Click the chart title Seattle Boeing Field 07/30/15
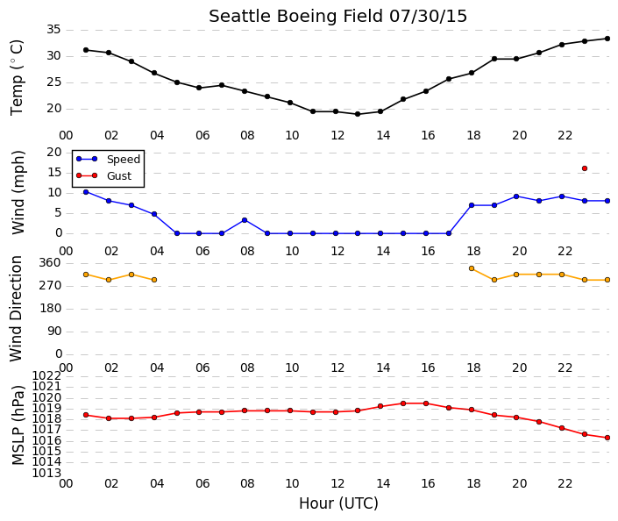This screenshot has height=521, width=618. [x=337, y=17]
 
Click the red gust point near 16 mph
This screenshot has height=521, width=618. [x=585, y=168]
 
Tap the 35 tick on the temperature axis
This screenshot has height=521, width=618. [x=53, y=30]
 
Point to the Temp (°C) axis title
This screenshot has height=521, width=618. [x=17, y=78]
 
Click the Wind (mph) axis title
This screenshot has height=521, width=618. [x=18, y=192]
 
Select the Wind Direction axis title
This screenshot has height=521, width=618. [x=16, y=309]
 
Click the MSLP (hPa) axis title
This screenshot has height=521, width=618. [x=18, y=425]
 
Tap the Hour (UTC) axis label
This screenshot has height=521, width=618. [x=338, y=503]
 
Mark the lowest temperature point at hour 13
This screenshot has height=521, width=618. [x=358, y=114]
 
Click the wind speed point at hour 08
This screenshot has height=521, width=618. [x=245, y=220]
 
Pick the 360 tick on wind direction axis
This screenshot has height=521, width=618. [x=50, y=263]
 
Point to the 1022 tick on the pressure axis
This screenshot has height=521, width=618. [x=47, y=375]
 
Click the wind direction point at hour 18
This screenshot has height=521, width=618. [x=472, y=268]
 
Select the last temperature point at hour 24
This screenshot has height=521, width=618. [x=607, y=39]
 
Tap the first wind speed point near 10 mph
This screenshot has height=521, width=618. [x=86, y=192]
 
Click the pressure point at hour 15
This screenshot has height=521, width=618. [x=403, y=403]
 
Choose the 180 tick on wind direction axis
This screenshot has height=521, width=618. [x=50, y=309]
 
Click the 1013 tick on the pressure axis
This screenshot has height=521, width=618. [x=47, y=473]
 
